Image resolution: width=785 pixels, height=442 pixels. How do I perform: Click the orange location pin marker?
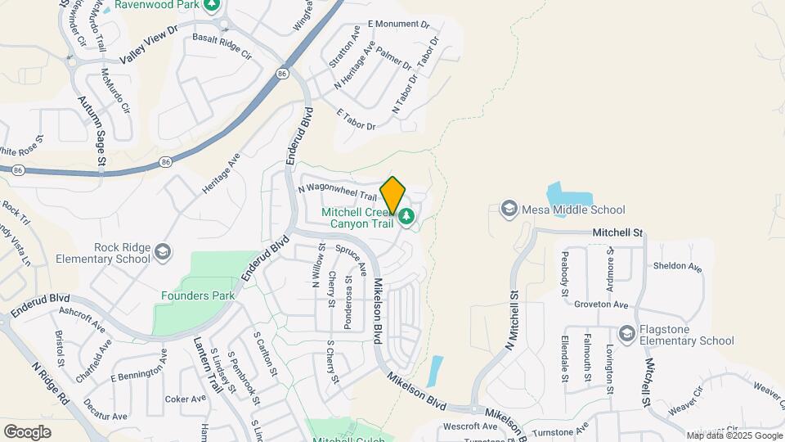click(393, 195)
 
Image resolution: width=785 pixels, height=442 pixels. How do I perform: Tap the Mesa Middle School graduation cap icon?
click(509, 210)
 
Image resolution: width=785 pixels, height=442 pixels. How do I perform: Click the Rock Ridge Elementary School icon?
click(163, 251)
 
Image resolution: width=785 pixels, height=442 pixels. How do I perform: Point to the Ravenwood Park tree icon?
click(213, 4)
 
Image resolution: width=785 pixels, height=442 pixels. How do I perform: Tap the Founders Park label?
click(198, 295)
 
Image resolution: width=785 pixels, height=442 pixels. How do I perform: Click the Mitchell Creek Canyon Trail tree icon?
click(406, 217)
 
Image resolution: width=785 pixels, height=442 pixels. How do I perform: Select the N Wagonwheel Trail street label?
click(337, 192)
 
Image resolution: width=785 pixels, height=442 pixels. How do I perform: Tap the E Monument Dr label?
click(398, 25)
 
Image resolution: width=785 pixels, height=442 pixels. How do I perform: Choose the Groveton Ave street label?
click(600, 304)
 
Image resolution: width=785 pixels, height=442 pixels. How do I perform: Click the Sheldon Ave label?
click(677, 267)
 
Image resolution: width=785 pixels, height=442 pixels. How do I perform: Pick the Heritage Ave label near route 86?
click(222, 173)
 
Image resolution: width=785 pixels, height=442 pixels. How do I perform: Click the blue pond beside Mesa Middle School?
click(570, 194)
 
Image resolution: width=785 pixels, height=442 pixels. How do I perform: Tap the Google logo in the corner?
click(27, 431)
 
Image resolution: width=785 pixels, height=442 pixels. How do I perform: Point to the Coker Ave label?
click(186, 399)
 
